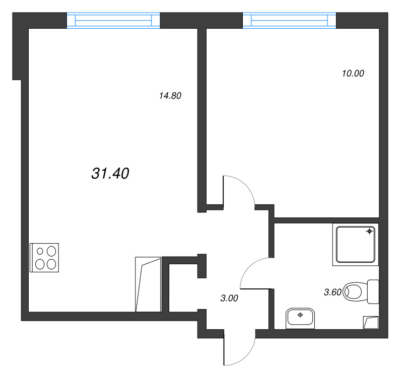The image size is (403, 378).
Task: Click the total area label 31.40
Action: (x=110, y=173)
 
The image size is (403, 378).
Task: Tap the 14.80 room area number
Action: (x=170, y=96)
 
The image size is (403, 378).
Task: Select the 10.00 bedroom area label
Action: (x=353, y=73)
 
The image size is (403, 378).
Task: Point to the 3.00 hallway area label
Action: (x=229, y=298)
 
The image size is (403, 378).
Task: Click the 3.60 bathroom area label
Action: (x=332, y=292)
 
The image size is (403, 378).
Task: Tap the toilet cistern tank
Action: (x=373, y=292)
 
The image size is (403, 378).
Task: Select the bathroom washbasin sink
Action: (x=300, y=318)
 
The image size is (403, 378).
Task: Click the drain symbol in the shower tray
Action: (x=370, y=232)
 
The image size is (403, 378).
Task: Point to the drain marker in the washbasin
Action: (x=300, y=315)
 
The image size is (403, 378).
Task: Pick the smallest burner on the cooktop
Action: (x=40, y=251)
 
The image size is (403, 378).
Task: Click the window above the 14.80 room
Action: (x=113, y=20)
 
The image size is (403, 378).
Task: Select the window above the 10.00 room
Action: (x=289, y=20)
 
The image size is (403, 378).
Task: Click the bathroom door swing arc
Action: (x=248, y=268)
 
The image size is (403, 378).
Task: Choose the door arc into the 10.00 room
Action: (x=245, y=184)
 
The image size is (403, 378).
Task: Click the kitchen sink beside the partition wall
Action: (x=148, y=284)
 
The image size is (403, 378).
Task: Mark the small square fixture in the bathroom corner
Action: (x=371, y=323)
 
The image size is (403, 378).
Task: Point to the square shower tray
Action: (x=356, y=245)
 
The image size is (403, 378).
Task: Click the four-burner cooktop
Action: (x=44, y=258)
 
